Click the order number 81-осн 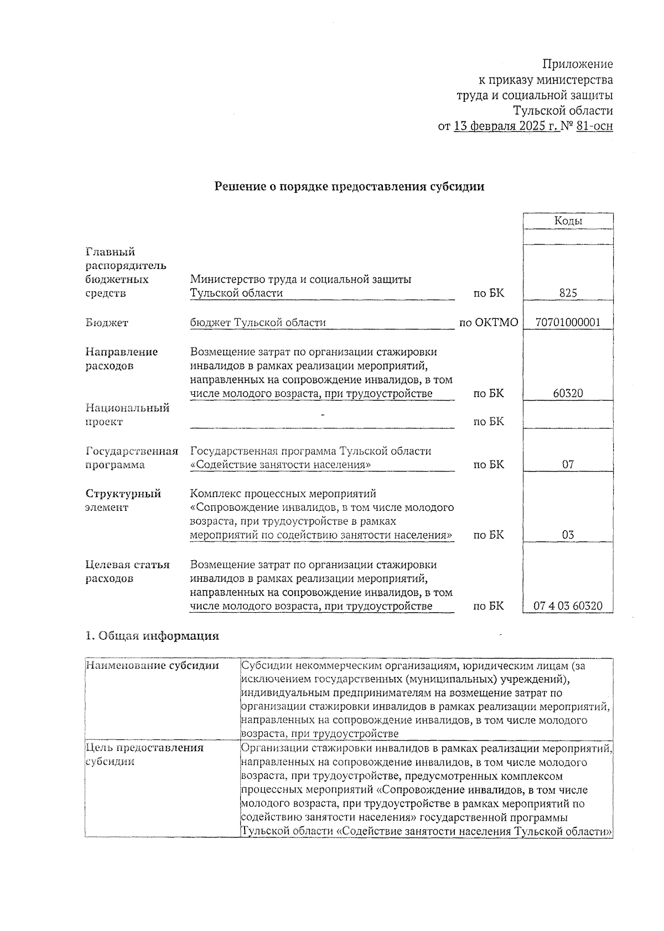point(594,126)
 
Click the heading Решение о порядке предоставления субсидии point(349,187)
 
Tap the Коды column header point(568,221)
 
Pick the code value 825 point(568,293)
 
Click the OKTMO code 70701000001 point(568,322)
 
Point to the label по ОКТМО point(489,322)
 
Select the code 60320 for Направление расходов point(568,394)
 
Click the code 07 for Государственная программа point(568,464)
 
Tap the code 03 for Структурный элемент point(568,535)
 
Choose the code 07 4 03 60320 point(568,606)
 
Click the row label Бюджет point(107,323)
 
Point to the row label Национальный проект point(127,415)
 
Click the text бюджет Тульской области point(258,322)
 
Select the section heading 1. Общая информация point(152,636)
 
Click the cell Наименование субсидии point(153,666)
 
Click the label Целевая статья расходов point(127,572)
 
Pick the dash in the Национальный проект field point(322,414)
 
